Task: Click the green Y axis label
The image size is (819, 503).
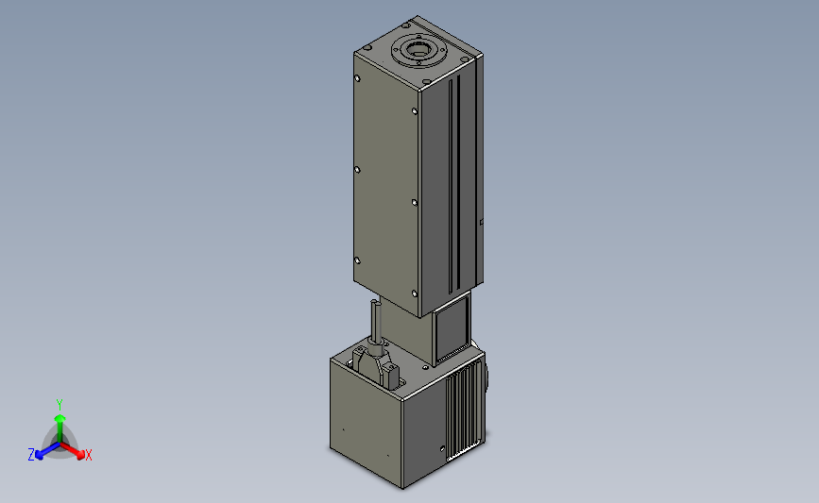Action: [x=59, y=405]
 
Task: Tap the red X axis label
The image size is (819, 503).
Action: [x=88, y=456]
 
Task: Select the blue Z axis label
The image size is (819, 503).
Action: [x=31, y=455]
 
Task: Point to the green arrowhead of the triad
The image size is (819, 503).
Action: [x=60, y=418]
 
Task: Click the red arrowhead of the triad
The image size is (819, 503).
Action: [x=80, y=455]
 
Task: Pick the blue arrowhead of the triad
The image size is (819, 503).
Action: [x=40, y=455]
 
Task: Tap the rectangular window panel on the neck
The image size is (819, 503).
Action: [x=452, y=328]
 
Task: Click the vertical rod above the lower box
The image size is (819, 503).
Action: [x=376, y=320]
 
